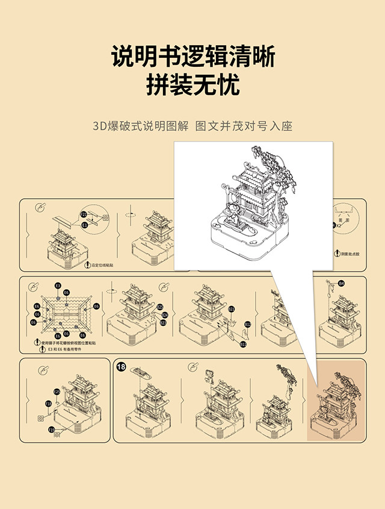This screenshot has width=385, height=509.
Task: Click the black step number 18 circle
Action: click(122, 366)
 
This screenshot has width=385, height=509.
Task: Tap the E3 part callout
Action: click(58, 285)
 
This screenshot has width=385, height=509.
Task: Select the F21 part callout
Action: click(84, 214)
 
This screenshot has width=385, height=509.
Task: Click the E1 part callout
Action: click(84, 225)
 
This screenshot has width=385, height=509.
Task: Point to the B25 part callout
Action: click(160, 307)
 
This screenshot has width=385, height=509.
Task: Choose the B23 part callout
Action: click(163, 323)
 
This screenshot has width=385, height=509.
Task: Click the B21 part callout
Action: click(231, 309)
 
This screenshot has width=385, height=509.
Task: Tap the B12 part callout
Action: click(247, 325)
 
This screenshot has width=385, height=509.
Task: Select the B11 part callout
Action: click(244, 344)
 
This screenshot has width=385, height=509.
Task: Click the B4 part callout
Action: click(341, 283)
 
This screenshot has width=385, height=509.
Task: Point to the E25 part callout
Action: click(57, 392)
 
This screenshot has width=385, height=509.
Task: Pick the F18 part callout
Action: click(49, 404)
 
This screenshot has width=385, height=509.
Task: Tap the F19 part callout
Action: click(52, 429)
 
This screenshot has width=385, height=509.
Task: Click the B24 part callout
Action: click(165, 314)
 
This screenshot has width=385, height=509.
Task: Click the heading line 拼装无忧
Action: click(192, 85)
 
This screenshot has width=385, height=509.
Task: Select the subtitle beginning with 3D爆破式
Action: click(192, 126)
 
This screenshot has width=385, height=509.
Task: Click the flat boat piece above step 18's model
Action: click(144, 372)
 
